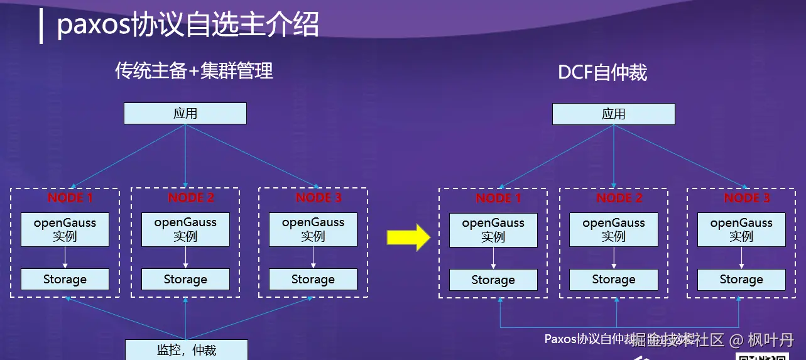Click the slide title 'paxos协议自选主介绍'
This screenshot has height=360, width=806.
click(188, 25)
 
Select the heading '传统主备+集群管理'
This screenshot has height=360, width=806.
click(194, 71)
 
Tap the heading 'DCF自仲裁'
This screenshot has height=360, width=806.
click(602, 73)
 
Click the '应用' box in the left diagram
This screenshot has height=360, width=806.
click(185, 114)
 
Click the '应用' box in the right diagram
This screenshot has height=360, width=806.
click(613, 114)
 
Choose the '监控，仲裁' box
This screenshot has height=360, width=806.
click(186, 350)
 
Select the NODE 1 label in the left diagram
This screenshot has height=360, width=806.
click(70, 198)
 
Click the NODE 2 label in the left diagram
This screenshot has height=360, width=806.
click(191, 198)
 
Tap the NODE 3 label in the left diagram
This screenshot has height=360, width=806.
click(319, 198)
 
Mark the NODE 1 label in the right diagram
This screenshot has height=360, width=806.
click(499, 199)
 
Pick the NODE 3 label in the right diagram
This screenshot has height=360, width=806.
click(747, 199)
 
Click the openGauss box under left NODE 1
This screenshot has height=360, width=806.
click(65, 229)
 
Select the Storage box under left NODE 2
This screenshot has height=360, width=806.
click(185, 280)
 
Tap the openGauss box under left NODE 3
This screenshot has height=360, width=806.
click(313, 229)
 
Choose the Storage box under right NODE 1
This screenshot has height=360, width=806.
click(493, 280)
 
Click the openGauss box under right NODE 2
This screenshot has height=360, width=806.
click(614, 230)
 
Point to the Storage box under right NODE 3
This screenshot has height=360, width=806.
click(741, 280)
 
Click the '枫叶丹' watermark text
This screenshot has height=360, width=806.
click(771, 341)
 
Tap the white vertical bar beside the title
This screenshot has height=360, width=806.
click(41, 27)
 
